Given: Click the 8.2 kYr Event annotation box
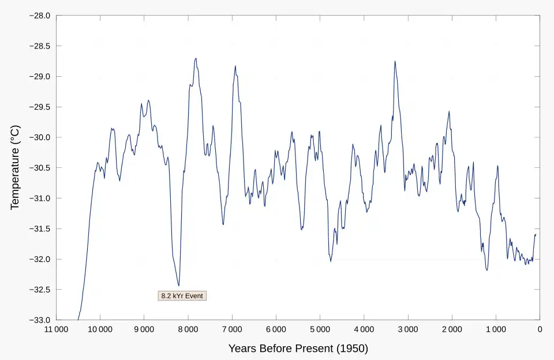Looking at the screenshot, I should point(182,296).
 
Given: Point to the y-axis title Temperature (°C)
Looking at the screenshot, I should point(15,167).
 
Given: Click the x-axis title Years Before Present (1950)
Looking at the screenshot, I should point(298,348).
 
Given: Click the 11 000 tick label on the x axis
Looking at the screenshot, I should point(55,330).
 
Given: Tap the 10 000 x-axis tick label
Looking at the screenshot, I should point(99,330).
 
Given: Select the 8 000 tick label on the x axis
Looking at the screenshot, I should point(188,330).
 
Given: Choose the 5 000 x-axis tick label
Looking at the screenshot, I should point(320,330).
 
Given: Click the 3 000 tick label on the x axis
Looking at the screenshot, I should point(407,330).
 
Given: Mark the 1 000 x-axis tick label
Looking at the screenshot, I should point(496,330).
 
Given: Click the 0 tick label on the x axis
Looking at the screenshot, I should point(540,330).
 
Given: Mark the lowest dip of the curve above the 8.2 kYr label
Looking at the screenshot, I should point(178,286).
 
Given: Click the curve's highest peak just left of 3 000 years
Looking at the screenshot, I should point(395,61).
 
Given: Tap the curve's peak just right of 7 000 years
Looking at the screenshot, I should point(235,66).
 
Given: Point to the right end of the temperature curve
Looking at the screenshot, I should point(536,234).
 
